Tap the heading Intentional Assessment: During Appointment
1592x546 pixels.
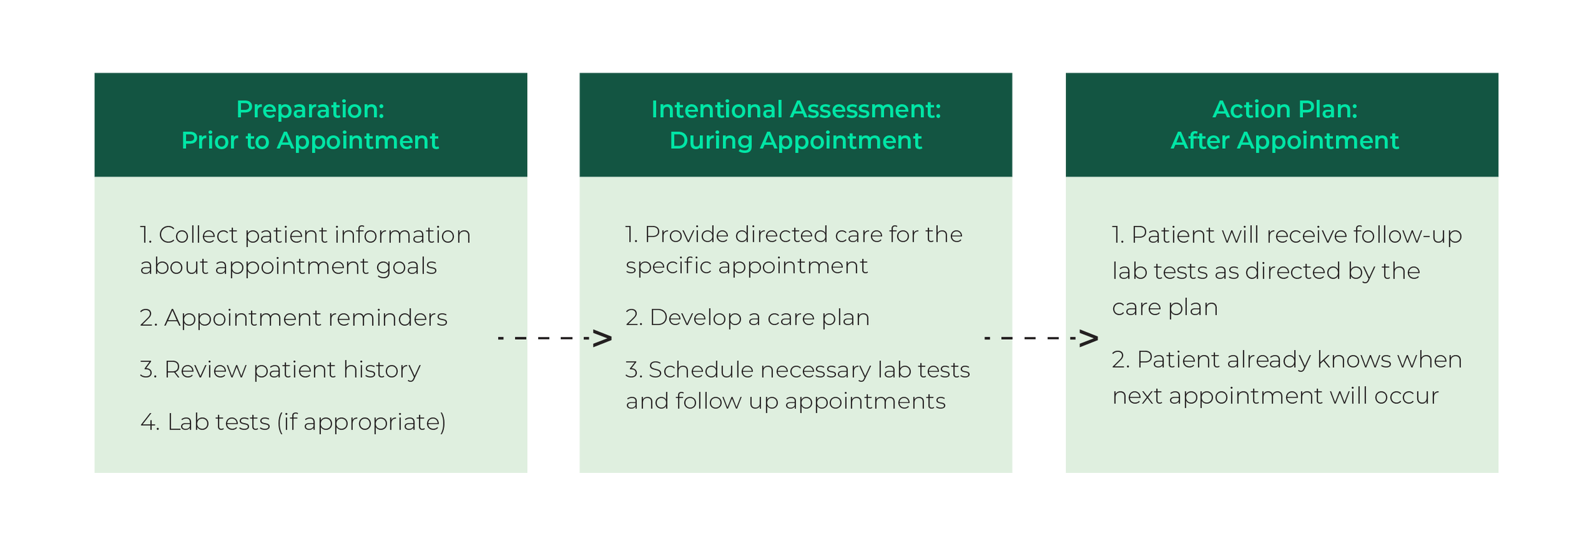tap(795, 125)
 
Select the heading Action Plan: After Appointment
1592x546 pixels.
tap(1284, 125)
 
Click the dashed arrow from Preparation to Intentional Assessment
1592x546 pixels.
tap(554, 338)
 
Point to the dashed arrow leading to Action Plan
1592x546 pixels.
tap(1041, 338)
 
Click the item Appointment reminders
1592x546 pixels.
tap(294, 318)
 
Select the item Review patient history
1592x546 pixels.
tap(280, 370)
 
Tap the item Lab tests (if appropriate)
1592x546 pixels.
tap(293, 422)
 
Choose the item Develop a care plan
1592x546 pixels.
tap(747, 318)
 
